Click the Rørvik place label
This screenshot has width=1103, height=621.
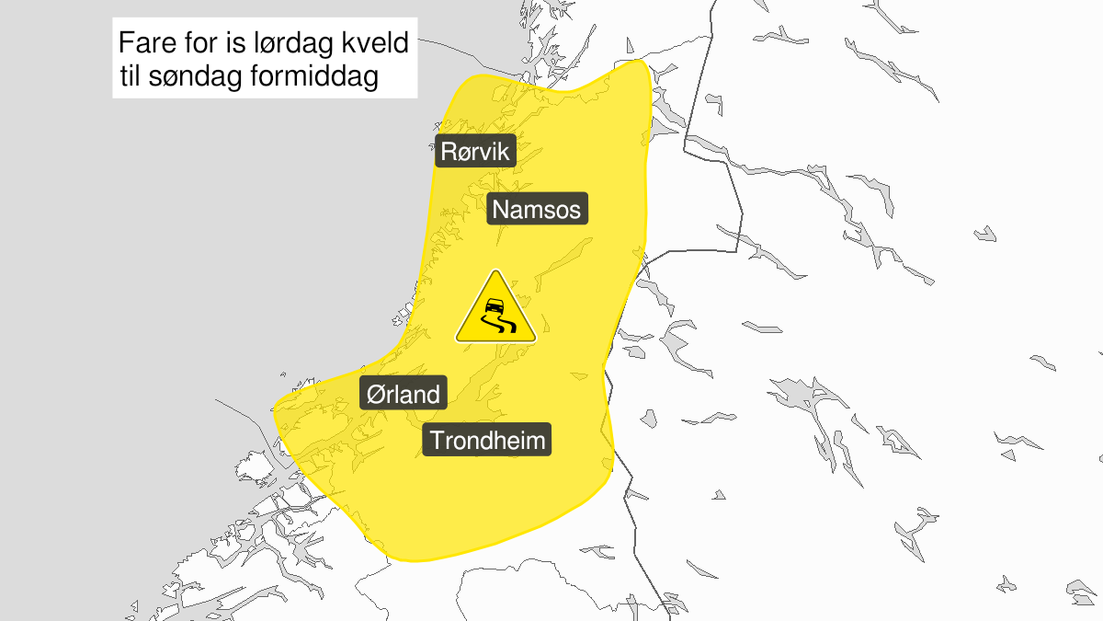pos(475,151)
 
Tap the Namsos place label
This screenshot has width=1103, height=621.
pos(537,210)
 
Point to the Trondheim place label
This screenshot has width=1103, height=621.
pos(487,441)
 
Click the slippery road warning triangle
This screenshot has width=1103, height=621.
pos(495,310)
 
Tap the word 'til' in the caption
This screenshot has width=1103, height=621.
pos(132,78)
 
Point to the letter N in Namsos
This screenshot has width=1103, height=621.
pos(502,210)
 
